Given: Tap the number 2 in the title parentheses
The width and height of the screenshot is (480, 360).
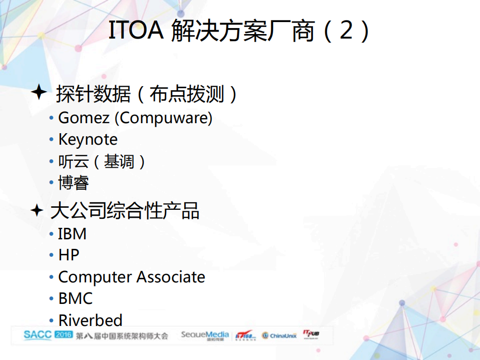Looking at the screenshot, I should tap(346, 31).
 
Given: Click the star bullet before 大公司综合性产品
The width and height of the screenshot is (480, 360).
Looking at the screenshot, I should tap(37, 210).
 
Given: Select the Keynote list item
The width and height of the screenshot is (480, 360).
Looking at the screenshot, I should tap(88, 140).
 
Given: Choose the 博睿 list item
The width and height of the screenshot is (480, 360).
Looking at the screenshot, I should tap(74, 183).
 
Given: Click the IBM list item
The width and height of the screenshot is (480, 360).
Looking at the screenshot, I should tap(72, 234).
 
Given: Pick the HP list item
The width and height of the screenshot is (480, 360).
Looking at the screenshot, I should tap(69, 255).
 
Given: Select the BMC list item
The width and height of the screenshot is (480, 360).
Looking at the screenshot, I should tap(75, 298).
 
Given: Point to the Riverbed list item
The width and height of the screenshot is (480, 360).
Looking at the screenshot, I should tap(90, 320).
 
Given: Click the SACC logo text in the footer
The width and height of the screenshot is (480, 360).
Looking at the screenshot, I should tap(38, 335).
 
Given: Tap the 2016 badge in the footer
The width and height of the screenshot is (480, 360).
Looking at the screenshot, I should tap(64, 334).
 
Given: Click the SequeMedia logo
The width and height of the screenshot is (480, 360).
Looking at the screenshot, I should tap(205, 335).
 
